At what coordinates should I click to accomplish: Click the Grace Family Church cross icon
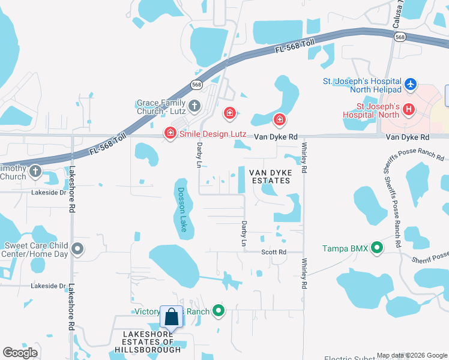(194, 106)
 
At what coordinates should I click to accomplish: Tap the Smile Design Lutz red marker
(170, 133)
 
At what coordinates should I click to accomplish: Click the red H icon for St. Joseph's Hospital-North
(409, 109)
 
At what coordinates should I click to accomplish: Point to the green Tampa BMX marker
(377, 247)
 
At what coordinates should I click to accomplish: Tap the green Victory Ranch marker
(219, 311)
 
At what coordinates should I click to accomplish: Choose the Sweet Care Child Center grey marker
(77, 248)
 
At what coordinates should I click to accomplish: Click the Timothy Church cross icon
(35, 172)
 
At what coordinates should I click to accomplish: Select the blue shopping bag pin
(171, 317)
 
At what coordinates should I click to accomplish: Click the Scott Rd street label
(274, 252)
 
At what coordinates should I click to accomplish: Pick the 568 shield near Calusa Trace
(399, 37)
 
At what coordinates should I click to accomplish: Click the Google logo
(20, 353)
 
